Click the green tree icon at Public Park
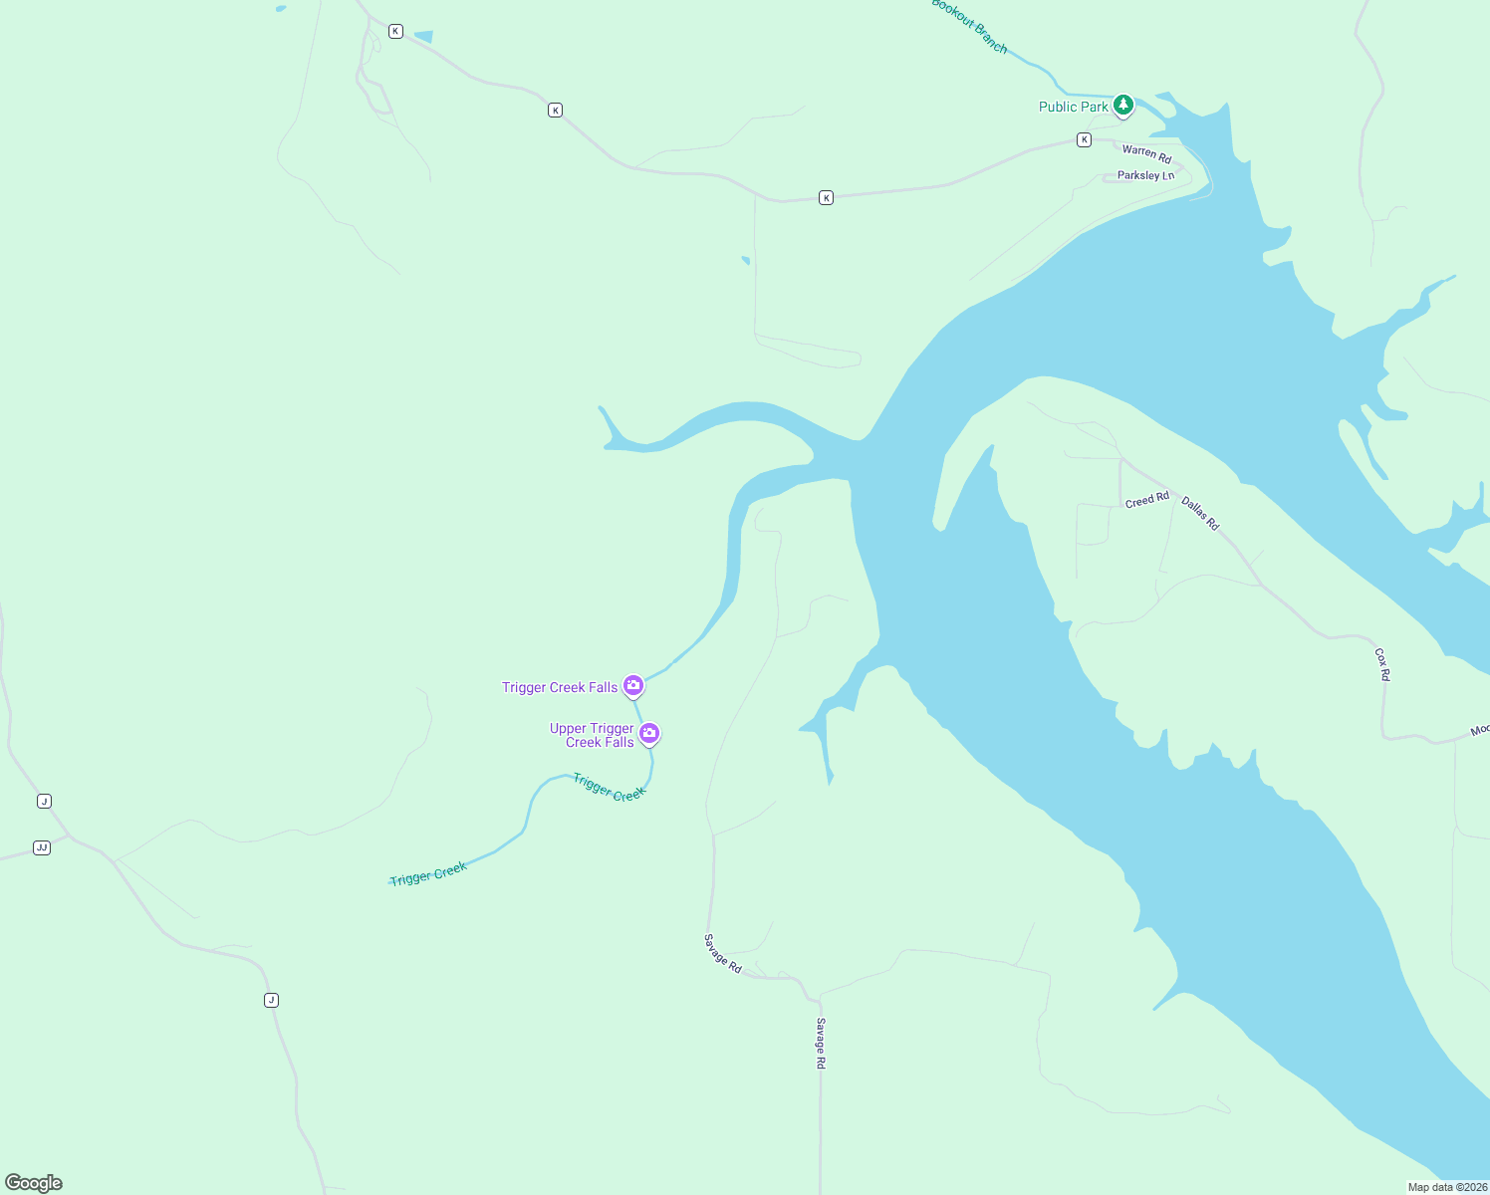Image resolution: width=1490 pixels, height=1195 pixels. (1123, 105)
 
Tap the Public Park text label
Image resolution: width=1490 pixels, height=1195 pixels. (1073, 107)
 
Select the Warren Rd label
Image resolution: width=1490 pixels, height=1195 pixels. (1146, 153)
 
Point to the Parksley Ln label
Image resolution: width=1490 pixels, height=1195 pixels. (1145, 176)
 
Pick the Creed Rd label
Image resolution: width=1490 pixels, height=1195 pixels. (1146, 500)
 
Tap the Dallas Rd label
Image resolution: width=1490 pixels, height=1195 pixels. (1200, 513)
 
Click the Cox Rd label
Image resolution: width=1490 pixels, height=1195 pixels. (1381, 664)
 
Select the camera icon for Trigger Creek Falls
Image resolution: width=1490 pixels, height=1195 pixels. (632, 685)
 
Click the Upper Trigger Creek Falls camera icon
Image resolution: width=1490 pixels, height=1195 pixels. (649, 734)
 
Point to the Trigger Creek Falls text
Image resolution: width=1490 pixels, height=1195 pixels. (560, 687)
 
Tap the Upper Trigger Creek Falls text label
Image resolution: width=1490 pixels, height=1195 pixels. (592, 735)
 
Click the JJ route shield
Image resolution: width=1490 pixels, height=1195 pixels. (42, 847)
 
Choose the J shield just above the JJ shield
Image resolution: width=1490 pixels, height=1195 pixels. (44, 801)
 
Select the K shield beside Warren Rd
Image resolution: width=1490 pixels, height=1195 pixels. (1084, 140)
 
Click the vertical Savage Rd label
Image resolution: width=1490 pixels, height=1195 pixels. (821, 1043)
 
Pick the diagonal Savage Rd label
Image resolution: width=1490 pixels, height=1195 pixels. (723, 953)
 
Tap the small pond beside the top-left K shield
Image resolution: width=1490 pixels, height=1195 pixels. (423, 37)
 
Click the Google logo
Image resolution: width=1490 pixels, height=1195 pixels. (34, 1183)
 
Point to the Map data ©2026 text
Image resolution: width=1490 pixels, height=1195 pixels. (1447, 1187)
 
